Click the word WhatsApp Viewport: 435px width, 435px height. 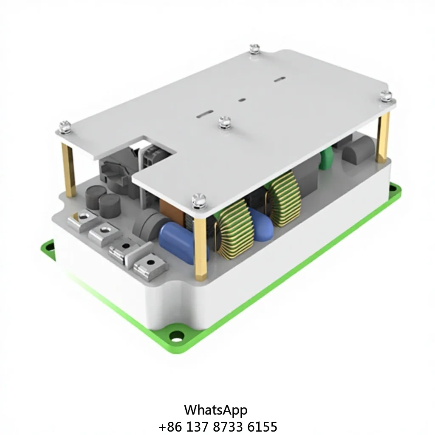tap(215, 410)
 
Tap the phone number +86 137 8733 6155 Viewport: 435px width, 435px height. tap(217, 427)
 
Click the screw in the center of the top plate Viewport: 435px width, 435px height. tap(225, 122)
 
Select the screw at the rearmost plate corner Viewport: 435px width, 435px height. tap(254, 48)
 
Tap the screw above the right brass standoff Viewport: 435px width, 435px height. tap(386, 96)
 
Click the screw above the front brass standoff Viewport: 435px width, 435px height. tap(198, 200)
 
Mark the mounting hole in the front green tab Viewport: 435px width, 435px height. tap(176, 336)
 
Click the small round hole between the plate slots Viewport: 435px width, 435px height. tap(242, 101)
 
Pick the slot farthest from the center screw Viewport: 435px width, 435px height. tap(279, 79)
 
